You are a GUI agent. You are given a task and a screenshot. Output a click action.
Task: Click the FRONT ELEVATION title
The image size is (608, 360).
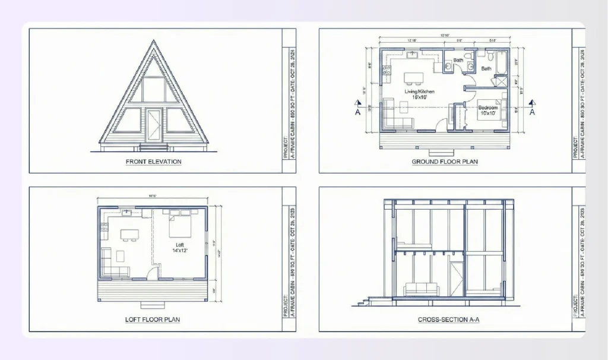point(153,161)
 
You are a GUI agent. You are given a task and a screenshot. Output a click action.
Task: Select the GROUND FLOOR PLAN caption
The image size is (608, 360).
point(445,161)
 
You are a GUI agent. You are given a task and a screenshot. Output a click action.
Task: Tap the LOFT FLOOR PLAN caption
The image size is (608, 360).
point(153,320)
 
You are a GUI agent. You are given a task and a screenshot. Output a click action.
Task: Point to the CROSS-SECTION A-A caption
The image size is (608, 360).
point(448,320)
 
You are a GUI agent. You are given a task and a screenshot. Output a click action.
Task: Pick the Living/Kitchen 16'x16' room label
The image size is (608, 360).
point(420,94)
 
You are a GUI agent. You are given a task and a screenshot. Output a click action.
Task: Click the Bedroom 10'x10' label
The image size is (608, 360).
point(489,110)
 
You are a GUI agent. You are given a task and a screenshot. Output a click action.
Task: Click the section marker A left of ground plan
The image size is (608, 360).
point(358,111)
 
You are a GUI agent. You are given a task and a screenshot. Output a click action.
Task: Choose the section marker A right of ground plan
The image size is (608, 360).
point(532,111)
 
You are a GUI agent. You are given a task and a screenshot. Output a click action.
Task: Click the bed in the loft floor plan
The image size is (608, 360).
point(180,225)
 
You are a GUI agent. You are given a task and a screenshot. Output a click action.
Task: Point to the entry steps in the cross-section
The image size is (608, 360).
point(362,301)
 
